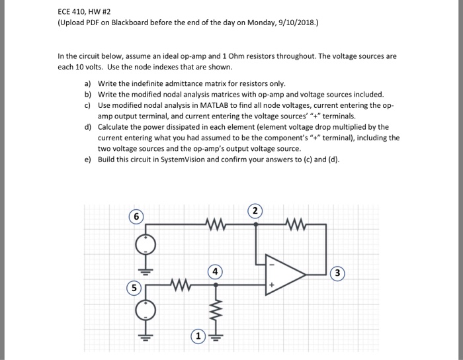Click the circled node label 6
tap(137, 217)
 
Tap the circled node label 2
tap(257, 212)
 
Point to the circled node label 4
tap(215, 271)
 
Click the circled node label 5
tap(134, 288)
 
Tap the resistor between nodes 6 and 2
tap(216, 225)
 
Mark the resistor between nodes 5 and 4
tap(177, 287)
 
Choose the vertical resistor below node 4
tap(216, 310)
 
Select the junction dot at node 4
tap(216, 287)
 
